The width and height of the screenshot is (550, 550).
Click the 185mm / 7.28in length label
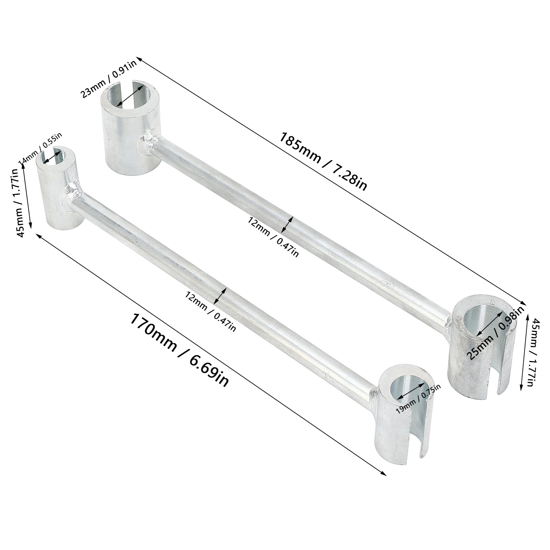coord(323,161)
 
